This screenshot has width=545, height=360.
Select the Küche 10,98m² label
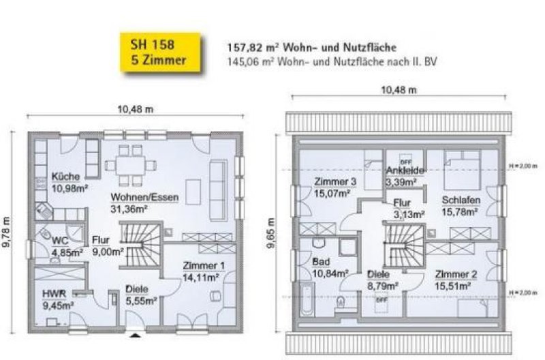[67, 182]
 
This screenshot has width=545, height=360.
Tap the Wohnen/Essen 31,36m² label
[145, 203]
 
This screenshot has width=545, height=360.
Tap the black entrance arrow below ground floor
[137, 335]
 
